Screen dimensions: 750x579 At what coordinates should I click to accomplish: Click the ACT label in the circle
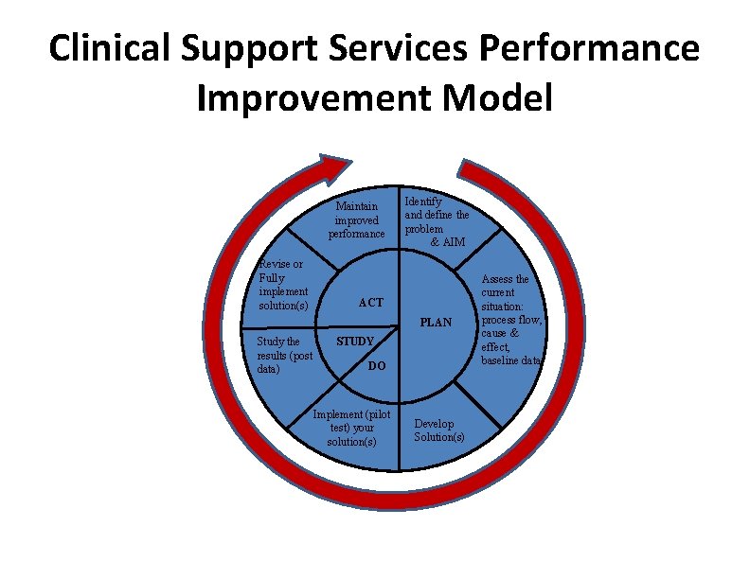(370, 303)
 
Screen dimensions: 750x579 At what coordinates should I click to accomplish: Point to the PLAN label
(436, 323)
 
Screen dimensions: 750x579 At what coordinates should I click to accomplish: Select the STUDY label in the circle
(356, 341)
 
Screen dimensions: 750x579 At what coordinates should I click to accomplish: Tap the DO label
(376, 366)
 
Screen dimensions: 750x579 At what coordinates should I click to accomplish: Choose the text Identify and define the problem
(436, 216)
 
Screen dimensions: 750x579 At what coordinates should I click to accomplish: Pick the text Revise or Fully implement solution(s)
(283, 285)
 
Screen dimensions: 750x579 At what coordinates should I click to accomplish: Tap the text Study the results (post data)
(284, 356)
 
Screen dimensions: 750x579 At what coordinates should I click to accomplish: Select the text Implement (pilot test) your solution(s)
(351, 428)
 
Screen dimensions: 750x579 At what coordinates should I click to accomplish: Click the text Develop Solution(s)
(438, 430)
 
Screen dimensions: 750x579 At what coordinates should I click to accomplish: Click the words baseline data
(511, 360)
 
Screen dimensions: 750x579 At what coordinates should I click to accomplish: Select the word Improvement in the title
(327, 98)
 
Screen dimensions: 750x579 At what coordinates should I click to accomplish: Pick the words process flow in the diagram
(511, 320)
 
